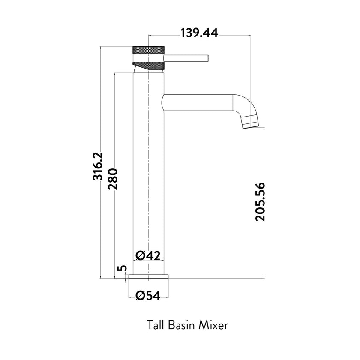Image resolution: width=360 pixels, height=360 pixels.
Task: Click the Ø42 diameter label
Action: [x=148, y=255]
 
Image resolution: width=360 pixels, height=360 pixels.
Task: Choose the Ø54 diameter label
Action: [x=148, y=296]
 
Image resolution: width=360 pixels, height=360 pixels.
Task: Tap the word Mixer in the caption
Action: [x=213, y=324]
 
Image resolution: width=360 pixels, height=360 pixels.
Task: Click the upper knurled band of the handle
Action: [x=148, y=49]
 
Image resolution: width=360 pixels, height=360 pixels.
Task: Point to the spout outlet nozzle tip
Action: [x=251, y=123]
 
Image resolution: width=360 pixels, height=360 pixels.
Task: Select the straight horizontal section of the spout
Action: [x=197, y=103]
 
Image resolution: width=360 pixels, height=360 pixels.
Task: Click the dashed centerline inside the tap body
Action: [x=148, y=171]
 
